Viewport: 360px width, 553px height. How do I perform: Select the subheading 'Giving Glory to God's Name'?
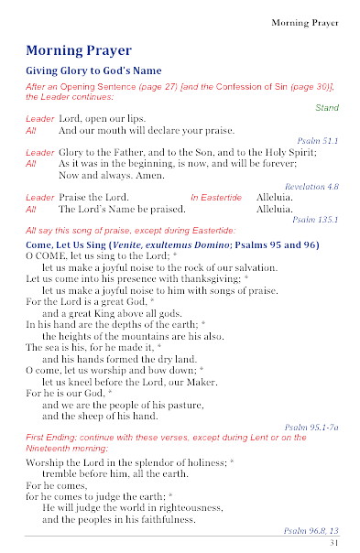tap(93, 70)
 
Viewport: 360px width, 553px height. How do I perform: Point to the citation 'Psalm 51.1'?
tap(319, 141)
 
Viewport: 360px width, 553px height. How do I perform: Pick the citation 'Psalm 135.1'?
tap(316, 220)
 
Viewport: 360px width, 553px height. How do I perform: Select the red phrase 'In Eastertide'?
tap(216, 197)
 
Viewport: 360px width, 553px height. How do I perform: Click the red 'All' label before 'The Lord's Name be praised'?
tap(31, 209)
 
